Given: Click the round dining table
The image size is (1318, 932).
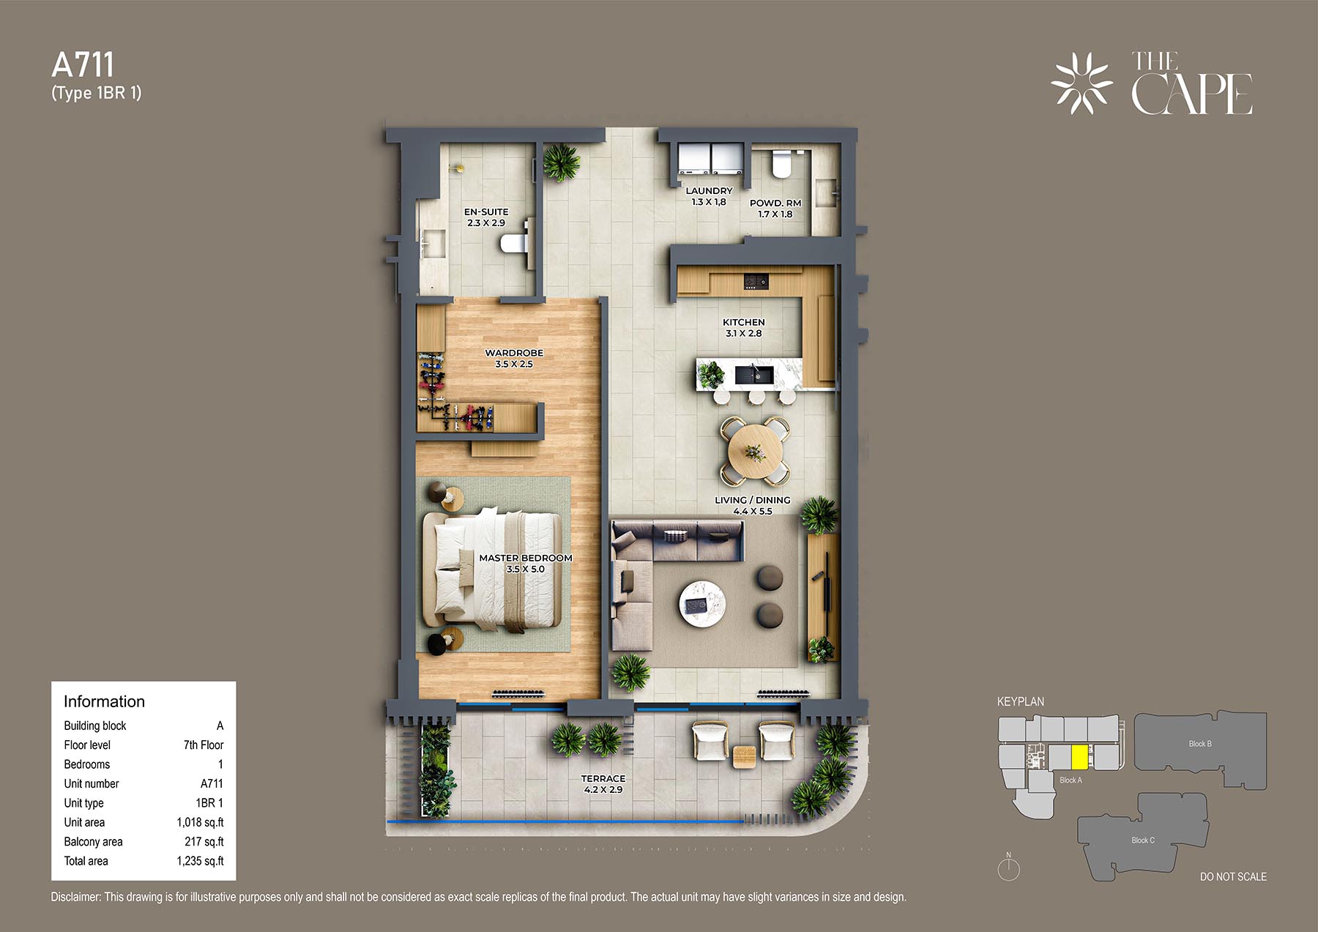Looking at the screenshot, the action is coord(755,452).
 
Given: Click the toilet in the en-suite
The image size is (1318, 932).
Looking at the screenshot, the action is coord(514,243).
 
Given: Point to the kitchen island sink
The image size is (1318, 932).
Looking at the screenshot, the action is coord(753,375).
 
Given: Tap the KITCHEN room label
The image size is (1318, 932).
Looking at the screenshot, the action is coord(744,322).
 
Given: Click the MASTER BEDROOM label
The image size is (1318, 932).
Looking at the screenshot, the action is coord(526,558).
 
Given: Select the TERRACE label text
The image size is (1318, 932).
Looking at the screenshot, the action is coord(603,778).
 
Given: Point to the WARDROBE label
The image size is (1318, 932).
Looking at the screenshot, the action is coord(514,353).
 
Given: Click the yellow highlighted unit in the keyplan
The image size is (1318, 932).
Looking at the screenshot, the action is coord(1079,757).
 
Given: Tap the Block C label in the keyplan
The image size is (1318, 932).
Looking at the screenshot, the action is coord(1142,840).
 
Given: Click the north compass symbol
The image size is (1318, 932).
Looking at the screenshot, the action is coord(1008,868).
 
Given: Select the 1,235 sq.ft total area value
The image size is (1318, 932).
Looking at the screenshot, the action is coord(200,861).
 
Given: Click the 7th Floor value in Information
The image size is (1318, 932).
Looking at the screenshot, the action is coord(204,745).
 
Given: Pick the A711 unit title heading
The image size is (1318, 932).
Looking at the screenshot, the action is coord(83,65).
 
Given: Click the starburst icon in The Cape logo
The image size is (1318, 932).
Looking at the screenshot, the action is coord(1081,83).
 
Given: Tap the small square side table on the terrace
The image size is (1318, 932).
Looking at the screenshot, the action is coord(745,756).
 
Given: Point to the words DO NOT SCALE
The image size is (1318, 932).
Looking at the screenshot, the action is coord(1233,876).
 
